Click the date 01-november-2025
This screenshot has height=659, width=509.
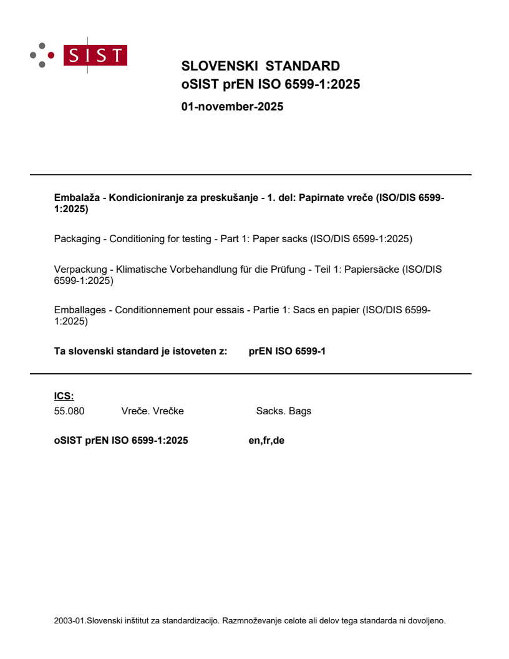pyautogui.click(x=232, y=107)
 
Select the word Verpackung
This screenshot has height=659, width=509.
pyautogui.click(x=79, y=270)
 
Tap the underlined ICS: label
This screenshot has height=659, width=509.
pyautogui.click(x=64, y=395)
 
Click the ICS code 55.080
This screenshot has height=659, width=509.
pyautogui.click(x=69, y=411)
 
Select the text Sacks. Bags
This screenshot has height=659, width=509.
pyautogui.click(x=283, y=411)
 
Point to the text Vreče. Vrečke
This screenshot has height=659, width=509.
pyautogui.click(x=152, y=411)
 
